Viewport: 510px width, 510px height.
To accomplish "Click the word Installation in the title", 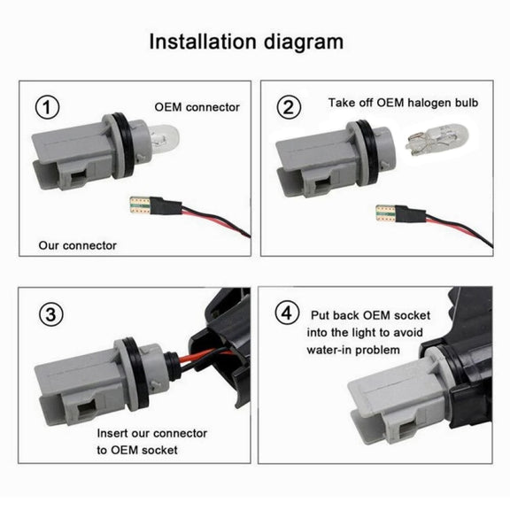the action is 203,42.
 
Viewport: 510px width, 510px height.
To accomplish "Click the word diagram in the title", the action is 304,42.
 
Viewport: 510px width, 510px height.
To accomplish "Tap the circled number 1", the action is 47,107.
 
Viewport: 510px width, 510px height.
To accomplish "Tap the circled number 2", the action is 289,107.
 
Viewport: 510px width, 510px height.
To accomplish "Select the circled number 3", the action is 51,314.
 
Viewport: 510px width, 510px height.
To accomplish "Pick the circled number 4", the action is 287,313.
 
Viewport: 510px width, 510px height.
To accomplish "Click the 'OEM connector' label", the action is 197,107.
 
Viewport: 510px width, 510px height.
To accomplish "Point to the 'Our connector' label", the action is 77,245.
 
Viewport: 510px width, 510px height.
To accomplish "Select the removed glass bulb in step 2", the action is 437,139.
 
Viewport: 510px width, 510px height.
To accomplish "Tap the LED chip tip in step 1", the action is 140,205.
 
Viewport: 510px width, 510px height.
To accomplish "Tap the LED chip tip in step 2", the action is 385,213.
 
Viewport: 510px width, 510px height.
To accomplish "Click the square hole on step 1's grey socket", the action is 78,179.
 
